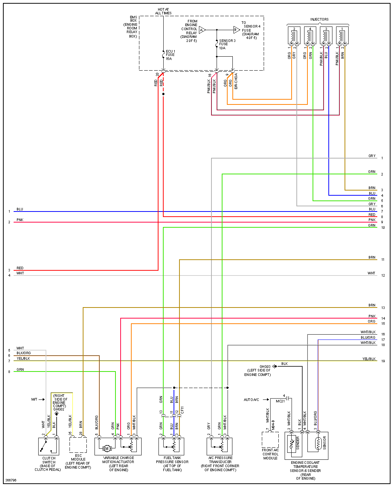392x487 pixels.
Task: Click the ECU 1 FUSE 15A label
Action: [x=170, y=55]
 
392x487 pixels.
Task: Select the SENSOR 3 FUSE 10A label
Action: [x=227, y=44]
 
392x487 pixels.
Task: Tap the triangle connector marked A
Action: [x=202, y=30]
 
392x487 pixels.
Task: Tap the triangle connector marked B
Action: [x=236, y=30]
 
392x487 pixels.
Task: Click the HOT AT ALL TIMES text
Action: [x=163, y=11]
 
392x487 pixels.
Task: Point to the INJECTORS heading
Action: [x=319, y=19]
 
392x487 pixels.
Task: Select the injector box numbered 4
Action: [x=310, y=35]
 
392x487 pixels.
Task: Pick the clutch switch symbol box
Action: [x=49, y=446]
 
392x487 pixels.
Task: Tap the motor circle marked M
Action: [x=107, y=448]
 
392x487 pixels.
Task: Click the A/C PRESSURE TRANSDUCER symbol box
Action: [x=220, y=446]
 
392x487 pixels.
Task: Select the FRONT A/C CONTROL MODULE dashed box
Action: [x=270, y=440]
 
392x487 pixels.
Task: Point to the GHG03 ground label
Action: [x=265, y=367]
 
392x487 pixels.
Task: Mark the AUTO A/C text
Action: [x=251, y=400]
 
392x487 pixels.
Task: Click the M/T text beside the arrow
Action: [x=34, y=399]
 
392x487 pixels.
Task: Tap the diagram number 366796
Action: [x=11, y=480]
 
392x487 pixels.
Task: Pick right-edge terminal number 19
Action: [x=383, y=361]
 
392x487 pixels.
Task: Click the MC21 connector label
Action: [x=280, y=401]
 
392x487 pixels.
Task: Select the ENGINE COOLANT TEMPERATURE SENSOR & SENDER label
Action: [x=305, y=470]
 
